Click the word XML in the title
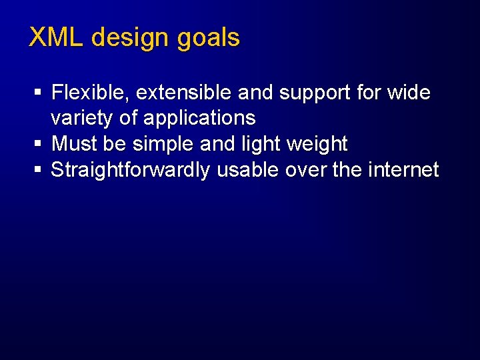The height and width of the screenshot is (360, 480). (57, 37)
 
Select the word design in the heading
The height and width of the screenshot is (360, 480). (131, 38)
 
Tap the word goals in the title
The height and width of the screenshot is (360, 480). (208, 38)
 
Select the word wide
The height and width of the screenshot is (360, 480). (409, 93)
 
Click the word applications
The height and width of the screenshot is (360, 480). (199, 119)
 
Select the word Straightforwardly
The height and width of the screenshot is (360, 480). (131, 170)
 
